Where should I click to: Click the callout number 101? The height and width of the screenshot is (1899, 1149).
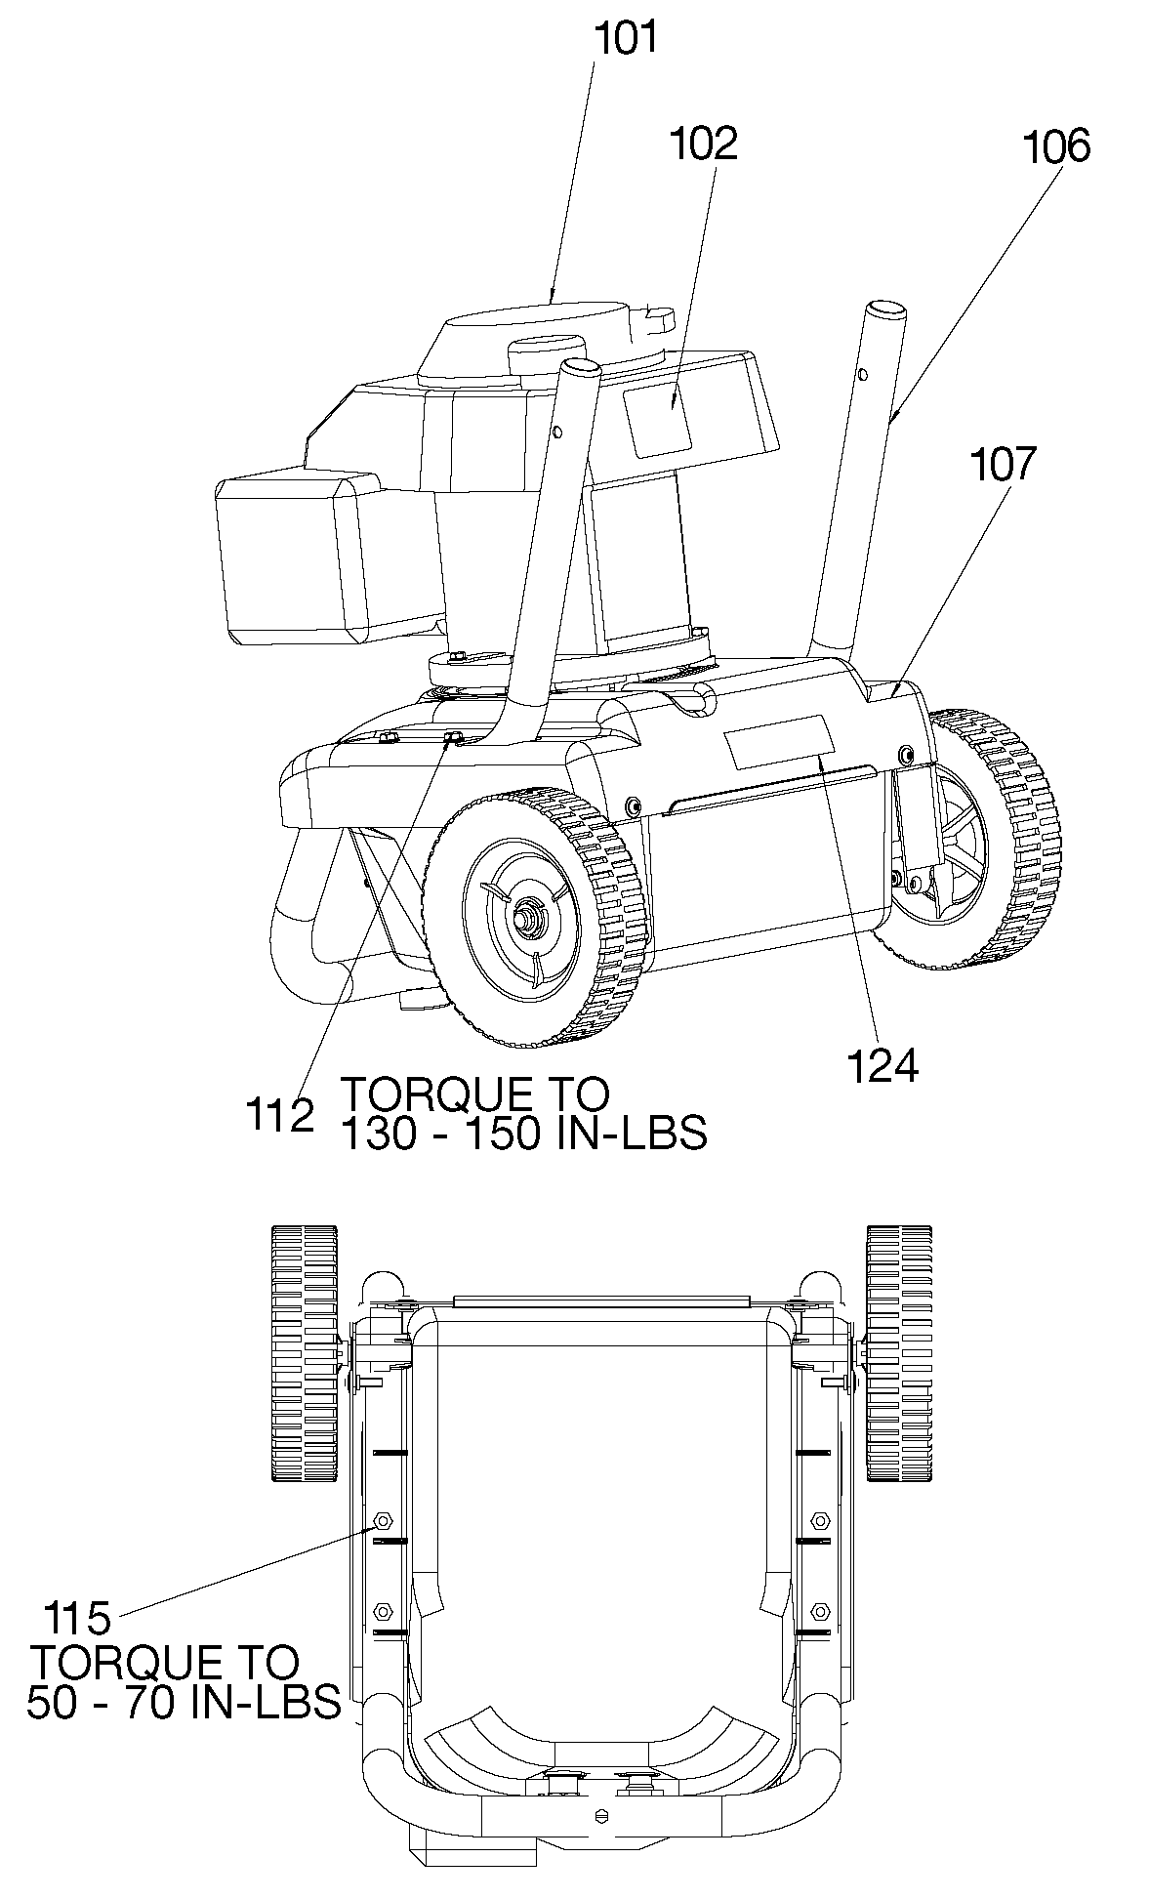pos(627,40)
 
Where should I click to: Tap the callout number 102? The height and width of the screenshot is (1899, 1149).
pos(702,144)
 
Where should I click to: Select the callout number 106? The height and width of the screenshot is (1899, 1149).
pos(1055,146)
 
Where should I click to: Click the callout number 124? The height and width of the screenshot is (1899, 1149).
pos(882,1066)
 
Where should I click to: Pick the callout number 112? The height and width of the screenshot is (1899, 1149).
pos(280,1115)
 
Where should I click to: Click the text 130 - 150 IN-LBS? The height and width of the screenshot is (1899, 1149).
pos(523,1135)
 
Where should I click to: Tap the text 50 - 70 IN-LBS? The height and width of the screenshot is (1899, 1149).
pos(185,1701)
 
